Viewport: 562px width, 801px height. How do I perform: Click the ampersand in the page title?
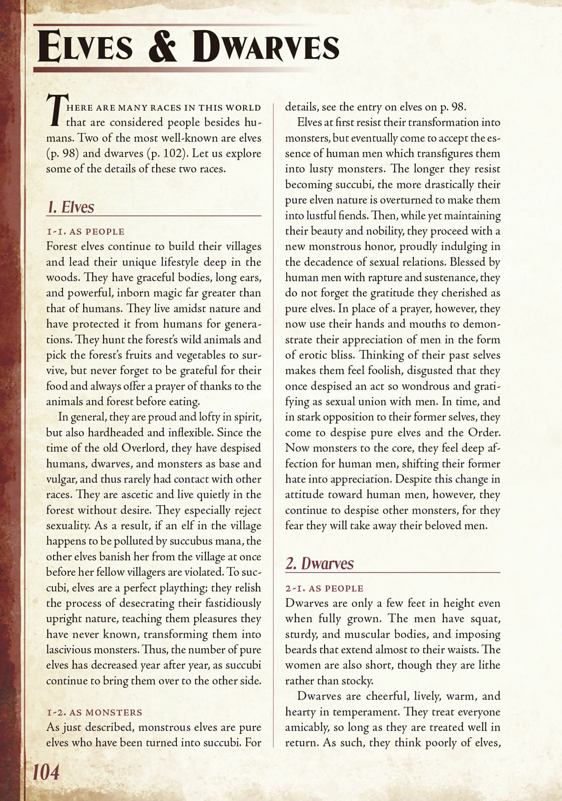163,47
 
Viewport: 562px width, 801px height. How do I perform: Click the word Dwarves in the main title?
266,47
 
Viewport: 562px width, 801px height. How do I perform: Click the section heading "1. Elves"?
71,207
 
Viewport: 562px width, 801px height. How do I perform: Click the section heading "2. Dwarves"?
319,563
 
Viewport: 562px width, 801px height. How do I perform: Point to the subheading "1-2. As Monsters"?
95,712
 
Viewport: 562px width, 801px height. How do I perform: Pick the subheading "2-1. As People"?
324,588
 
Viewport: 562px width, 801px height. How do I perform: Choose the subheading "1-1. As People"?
85,231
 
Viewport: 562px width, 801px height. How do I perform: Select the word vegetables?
198,355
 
